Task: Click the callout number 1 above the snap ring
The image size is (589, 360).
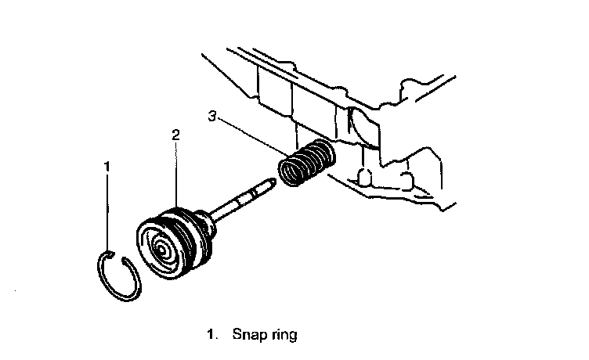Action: pos(107,166)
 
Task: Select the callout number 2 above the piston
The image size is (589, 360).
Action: pos(176,135)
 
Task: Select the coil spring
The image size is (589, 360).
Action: pos(307,163)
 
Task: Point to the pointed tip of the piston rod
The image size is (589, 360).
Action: pos(272,182)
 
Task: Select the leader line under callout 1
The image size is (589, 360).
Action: pos(107,211)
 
